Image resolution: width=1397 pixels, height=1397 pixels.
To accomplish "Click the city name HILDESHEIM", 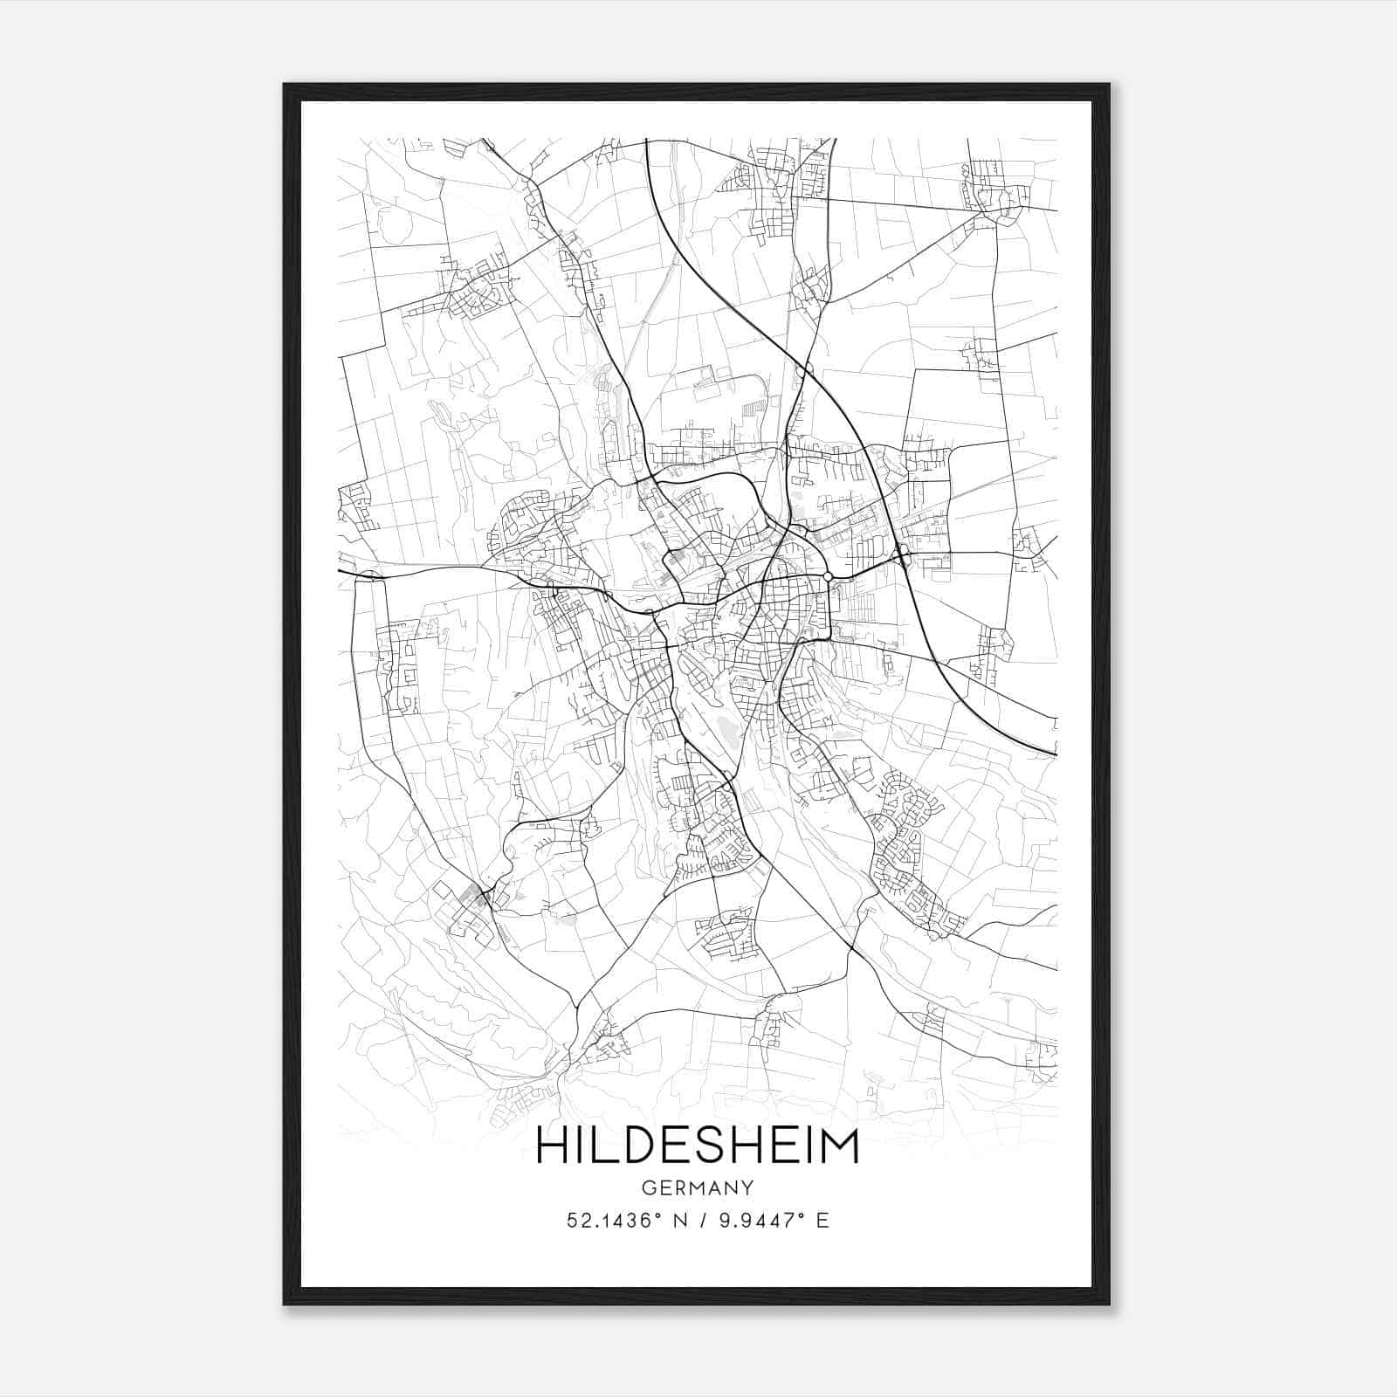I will point(698,1146).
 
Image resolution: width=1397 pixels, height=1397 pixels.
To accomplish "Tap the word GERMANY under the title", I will point(698,1188).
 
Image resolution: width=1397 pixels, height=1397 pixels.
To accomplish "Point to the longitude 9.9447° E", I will point(774,1221).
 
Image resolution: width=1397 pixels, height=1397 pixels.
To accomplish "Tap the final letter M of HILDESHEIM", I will point(840,1146).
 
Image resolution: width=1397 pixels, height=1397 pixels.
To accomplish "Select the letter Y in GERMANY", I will point(747,1188).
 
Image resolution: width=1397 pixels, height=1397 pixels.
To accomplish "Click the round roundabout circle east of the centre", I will point(828,576).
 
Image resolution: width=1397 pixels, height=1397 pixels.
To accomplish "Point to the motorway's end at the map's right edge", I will point(1055,753).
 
